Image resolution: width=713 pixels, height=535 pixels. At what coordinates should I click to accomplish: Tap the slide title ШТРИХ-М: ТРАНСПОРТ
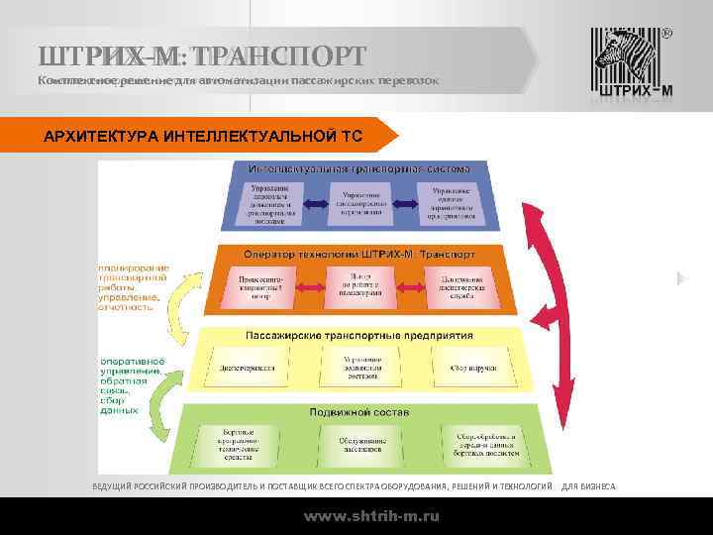pyautogui.click(x=202, y=54)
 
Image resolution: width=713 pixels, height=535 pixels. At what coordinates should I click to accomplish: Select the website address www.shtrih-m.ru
pyautogui.click(x=371, y=516)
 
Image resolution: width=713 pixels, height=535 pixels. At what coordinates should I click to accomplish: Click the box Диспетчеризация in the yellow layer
pyautogui.click(x=248, y=367)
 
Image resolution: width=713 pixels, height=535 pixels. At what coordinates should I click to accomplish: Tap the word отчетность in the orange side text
pyautogui.click(x=127, y=307)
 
